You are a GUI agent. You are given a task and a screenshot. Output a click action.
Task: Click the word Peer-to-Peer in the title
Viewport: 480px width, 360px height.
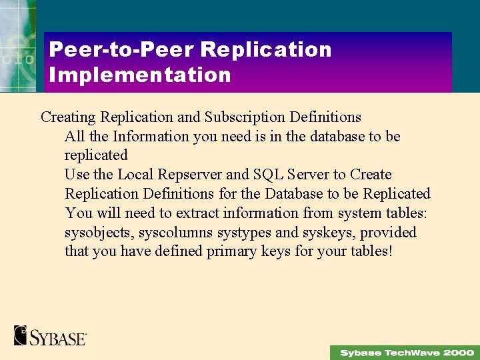(x=121, y=50)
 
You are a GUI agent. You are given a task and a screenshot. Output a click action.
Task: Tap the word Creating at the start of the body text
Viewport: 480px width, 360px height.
(x=68, y=117)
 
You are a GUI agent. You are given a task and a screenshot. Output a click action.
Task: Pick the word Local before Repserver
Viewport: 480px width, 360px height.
(x=137, y=175)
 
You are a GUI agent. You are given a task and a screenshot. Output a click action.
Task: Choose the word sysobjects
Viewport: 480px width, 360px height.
(x=95, y=233)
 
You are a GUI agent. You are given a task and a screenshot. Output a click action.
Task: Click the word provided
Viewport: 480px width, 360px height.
(x=389, y=233)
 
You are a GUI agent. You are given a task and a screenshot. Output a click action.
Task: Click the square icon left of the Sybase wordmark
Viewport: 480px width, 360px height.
(x=20, y=335)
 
